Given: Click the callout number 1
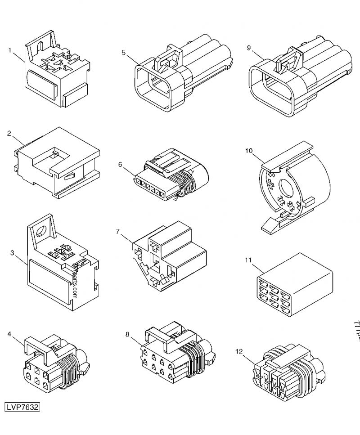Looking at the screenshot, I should pos(9,50).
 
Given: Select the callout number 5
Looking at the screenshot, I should pos(123,53).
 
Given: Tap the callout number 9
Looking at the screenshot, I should pos(249,48).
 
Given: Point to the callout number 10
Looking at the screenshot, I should pos(249,150).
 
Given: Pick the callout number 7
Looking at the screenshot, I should pos(117,232).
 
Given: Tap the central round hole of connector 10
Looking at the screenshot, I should pos(286,188).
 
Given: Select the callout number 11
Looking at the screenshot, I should pos(248,260).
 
